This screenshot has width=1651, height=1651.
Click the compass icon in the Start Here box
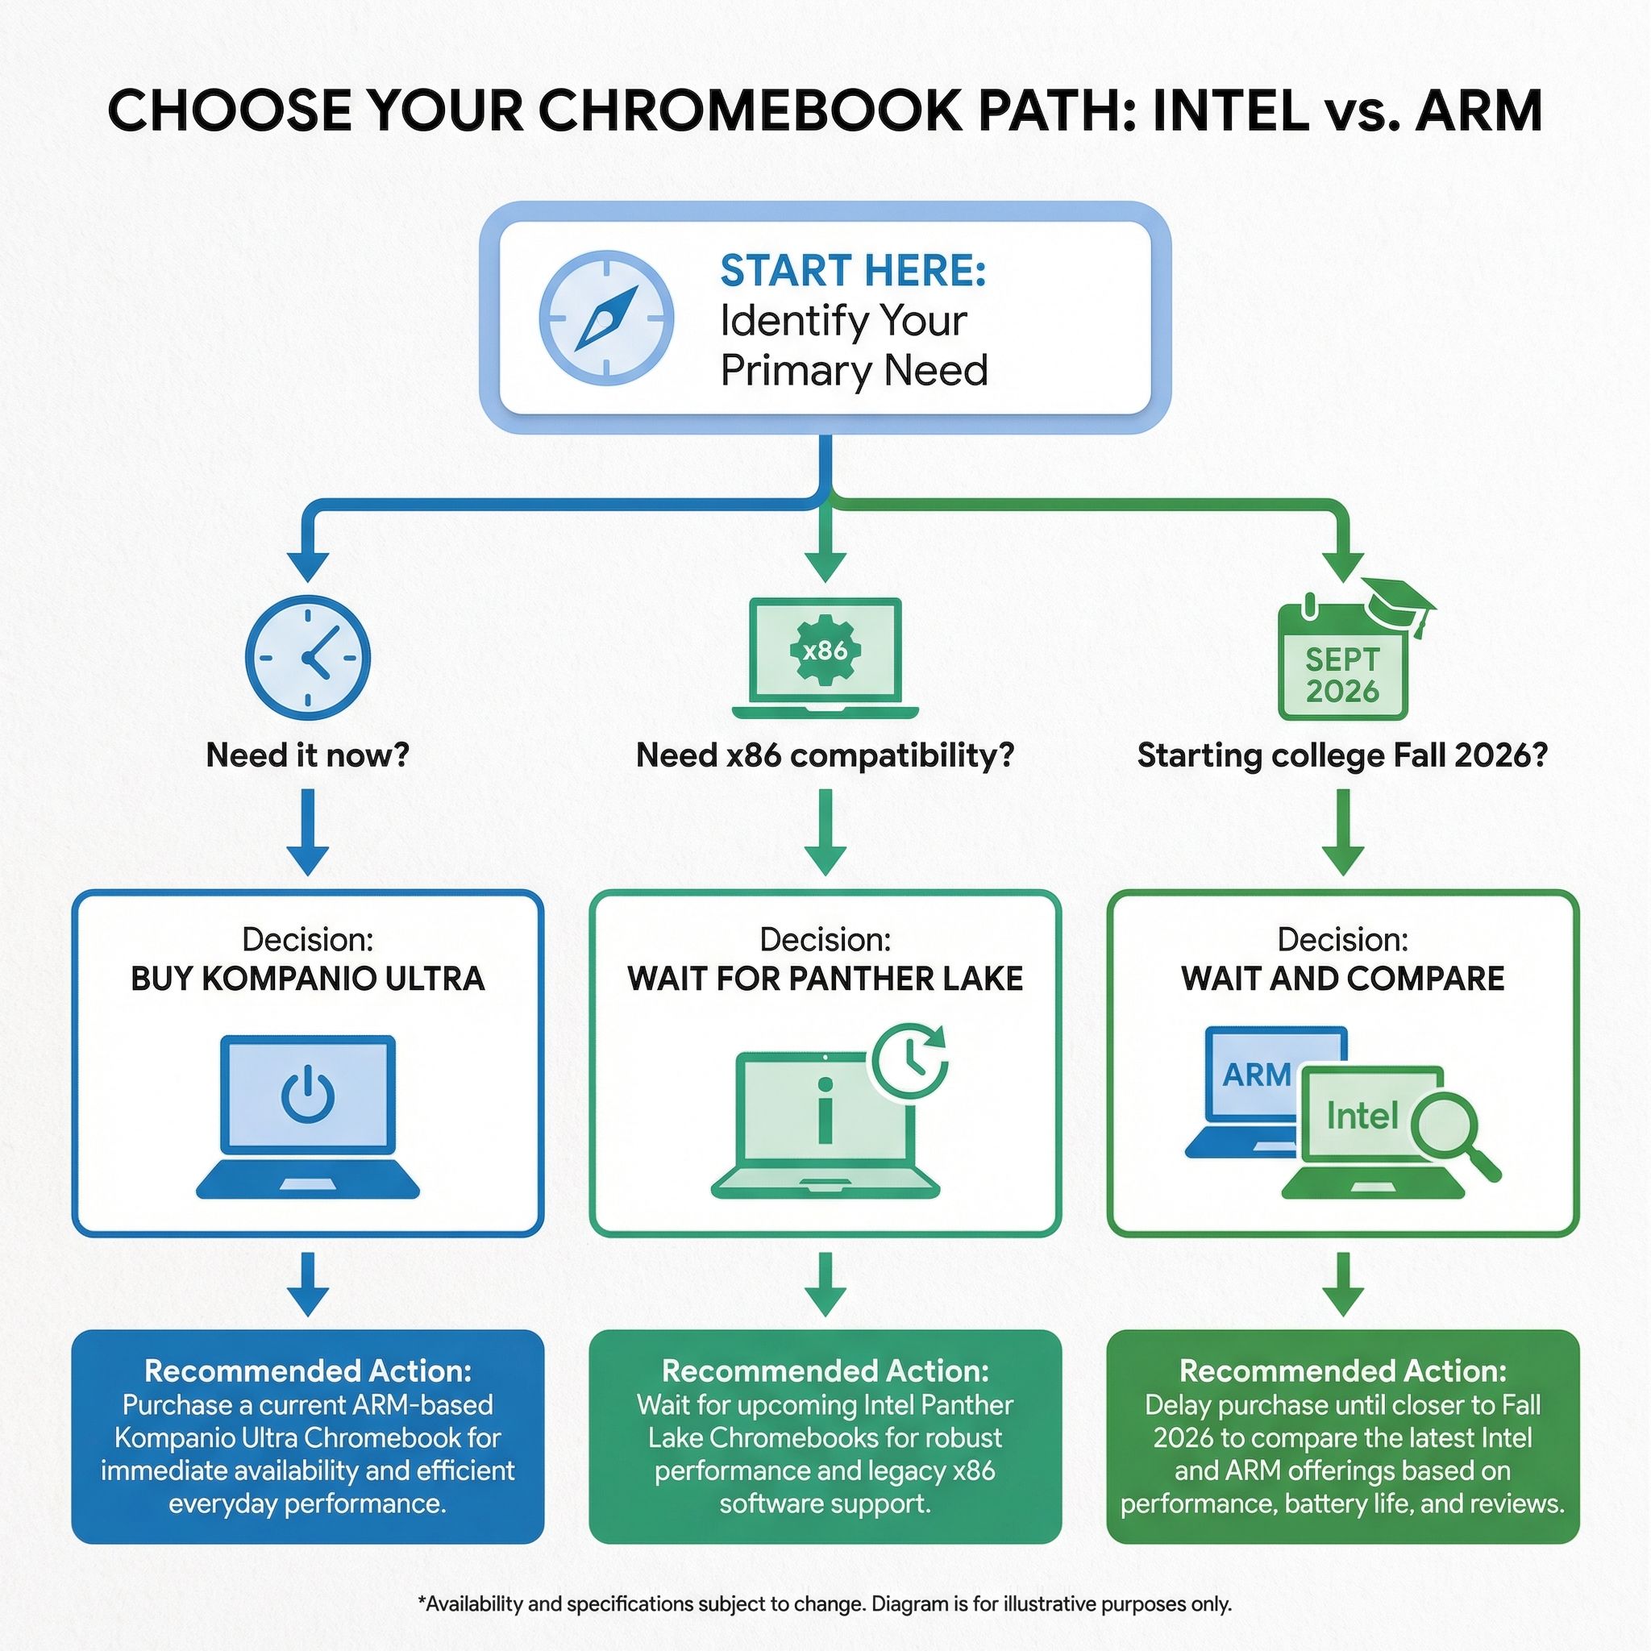coord(607,317)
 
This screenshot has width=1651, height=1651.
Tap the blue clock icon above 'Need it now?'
coord(308,657)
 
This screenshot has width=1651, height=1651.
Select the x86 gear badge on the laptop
coord(825,651)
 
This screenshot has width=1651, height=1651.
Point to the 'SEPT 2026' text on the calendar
coord(1341,675)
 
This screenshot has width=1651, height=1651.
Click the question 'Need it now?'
coord(308,755)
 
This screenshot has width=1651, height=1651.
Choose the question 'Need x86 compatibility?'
coord(825,755)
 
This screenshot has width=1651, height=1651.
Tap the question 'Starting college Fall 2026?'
coord(1341,755)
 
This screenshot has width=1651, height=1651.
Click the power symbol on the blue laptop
coord(308,1096)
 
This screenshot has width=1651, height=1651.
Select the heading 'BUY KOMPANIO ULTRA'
coord(308,979)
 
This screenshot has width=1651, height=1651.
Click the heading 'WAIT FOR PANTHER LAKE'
coord(825,979)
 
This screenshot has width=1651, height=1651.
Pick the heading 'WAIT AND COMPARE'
coord(1341,979)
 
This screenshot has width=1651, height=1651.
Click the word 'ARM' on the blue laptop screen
coord(1256,1075)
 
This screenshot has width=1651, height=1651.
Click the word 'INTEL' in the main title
coord(1229,112)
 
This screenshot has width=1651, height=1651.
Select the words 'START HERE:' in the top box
coord(853,271)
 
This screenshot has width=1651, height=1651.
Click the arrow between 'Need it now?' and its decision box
coord(308,830)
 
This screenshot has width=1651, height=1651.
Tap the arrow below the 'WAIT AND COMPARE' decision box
coord(1341,1283)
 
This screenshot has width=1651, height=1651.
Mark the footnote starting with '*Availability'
coord(825,1604)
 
